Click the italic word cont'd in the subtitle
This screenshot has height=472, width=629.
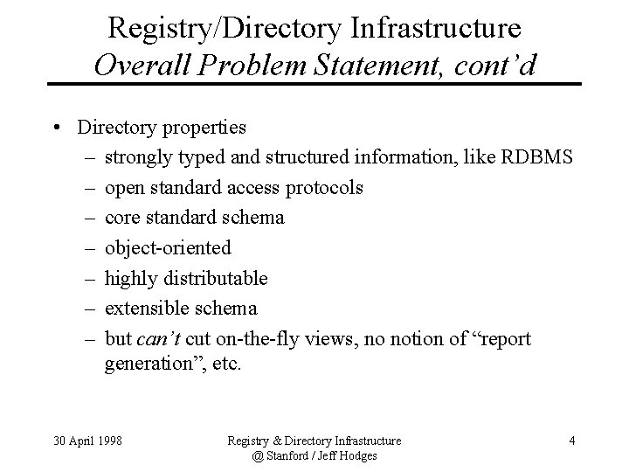pyautogui.click(x=494, y=66)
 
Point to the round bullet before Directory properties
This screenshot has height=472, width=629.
pyautogui.click(x=55, y=128)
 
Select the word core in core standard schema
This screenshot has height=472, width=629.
pyautogui.click(x=121, y=217)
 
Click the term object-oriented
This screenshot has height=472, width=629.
pyautogui.click(x=168, y=247)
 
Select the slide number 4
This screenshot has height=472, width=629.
pyautogui.click(x=571, y=441)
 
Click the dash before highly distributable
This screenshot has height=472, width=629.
pyautogui.click(x=91, y=278)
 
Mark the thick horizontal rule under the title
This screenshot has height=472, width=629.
pyautogui.click(x=314, y=84)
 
